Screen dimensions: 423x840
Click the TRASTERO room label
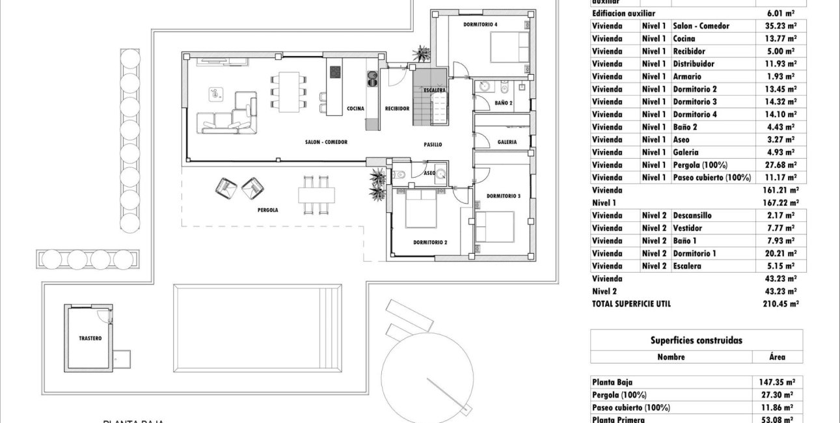click(90, 339)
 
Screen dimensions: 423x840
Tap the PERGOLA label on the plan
click(267, 210)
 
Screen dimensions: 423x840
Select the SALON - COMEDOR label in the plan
click(326, 142)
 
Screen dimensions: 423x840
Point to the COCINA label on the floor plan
click(355, 109)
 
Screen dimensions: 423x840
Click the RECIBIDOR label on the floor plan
click(396, 109)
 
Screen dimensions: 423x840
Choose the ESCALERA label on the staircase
click(434, 90)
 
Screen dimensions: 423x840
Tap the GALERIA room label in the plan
click(507, 142)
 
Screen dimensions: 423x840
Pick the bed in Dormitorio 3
click(495, 225)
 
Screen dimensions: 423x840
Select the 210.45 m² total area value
click(781, 304)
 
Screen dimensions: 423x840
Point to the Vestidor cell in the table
click(688, 228)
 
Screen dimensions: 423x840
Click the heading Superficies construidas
click(696, 340)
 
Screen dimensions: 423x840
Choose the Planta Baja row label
click(612, 383)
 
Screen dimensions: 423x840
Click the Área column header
click(778, 357)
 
